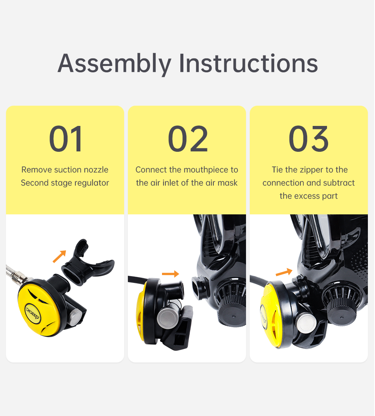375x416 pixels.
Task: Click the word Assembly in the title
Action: coord(114,64)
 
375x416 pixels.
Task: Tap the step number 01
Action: coord(66,139)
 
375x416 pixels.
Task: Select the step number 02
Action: coord(187,139)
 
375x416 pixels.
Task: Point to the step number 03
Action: coord(308,139)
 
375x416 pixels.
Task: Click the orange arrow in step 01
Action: coord(60,256)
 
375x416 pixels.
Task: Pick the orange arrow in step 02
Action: coord(170,274)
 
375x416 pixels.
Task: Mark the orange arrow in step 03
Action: coord(284,272)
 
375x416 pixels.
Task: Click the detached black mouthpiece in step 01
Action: coord(88,262)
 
